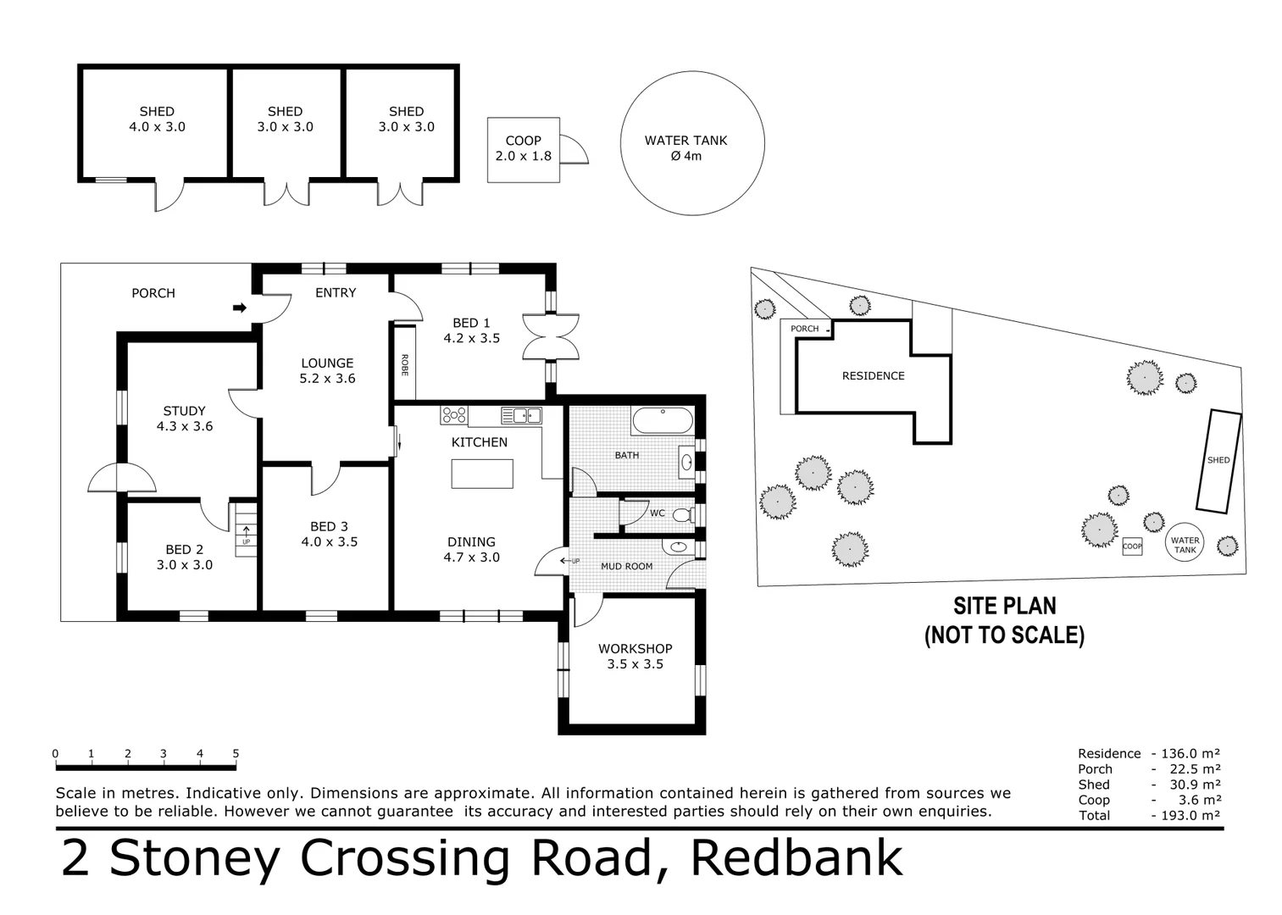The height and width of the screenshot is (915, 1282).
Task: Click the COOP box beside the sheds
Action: (523, 149)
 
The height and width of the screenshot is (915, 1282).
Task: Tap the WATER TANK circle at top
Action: (691, 144)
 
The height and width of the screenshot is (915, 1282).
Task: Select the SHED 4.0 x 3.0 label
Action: (157, 119)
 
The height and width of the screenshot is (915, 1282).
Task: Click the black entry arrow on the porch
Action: (240, 308)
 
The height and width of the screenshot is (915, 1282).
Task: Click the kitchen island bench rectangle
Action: (481, 473)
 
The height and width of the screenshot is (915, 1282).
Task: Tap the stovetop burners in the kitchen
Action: (453, 415)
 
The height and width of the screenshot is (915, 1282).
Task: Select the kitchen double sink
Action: (521, 415)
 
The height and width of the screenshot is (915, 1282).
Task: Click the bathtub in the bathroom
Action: (662, 421)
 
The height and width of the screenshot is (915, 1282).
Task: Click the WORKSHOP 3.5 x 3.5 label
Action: (635, 656)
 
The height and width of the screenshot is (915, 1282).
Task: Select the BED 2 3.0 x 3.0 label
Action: (184, 557)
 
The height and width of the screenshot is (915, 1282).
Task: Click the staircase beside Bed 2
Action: (245, 530)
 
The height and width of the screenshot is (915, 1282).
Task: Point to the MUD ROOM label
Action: (626, 566)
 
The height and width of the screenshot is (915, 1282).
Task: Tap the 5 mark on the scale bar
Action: (236, 753)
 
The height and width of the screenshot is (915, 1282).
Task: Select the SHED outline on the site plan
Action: (1218, 461)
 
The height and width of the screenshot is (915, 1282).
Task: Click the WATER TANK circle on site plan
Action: (1185, 544)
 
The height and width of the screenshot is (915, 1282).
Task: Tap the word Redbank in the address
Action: (796, 857)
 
